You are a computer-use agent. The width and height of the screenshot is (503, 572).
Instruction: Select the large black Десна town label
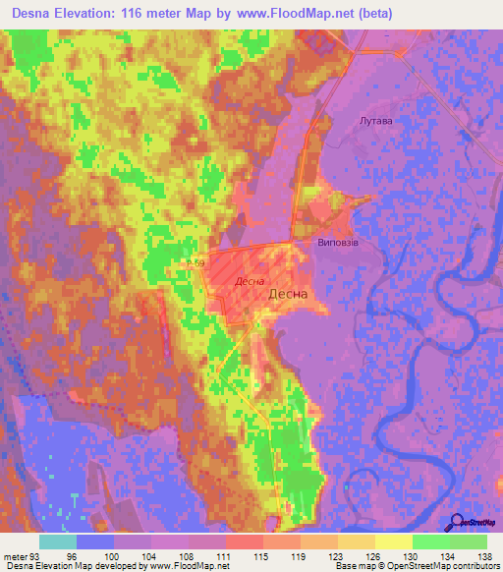(x=288, y=293)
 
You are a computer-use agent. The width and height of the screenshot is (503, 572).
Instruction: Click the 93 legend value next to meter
(x=38, y=556)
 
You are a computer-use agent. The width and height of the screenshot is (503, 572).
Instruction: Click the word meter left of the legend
(x=15, y=556)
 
